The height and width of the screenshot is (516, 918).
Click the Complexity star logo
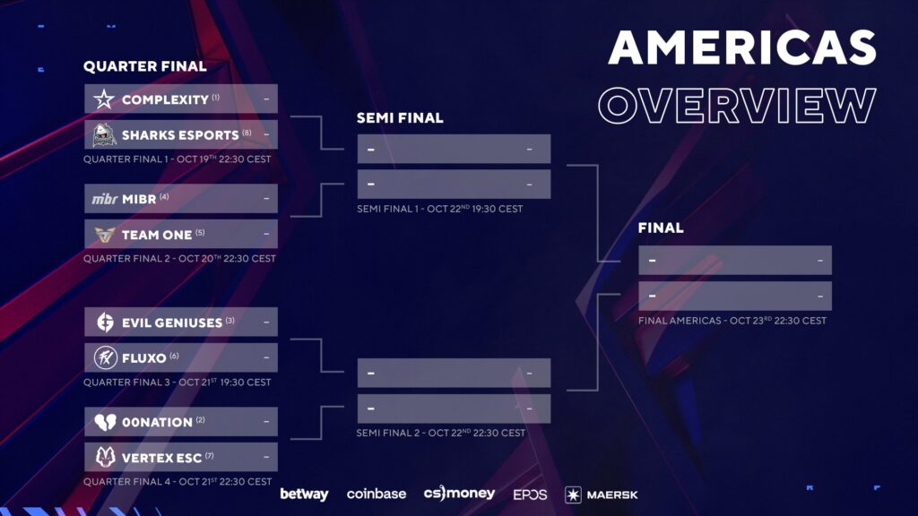click(104, 99)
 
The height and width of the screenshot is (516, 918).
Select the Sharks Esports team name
click(180, 135)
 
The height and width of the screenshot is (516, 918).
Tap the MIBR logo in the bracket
click(105, 199)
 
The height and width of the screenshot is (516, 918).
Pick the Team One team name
click(157, 235)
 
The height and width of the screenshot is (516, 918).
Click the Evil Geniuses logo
click(105, 322)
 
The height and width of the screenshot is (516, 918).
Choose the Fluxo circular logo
click(106, 357)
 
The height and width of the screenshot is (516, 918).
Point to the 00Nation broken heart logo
click(106, 422)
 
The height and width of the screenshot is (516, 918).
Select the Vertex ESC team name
click(161, 458)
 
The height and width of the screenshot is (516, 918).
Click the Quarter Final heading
click(144, 66)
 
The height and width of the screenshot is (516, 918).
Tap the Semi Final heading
click(400, 117)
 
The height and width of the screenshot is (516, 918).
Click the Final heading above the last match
click(661, 228)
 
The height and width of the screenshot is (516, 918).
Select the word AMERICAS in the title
click(742, 47)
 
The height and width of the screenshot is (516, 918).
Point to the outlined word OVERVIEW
click(737, 106)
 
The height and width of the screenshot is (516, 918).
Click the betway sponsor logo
click(304, 494)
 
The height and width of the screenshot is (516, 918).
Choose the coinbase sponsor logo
click(377, 494)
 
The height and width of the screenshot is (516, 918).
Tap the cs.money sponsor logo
click(459, 494)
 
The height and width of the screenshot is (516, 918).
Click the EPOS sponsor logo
click(530, 494)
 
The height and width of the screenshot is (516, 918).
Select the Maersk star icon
click(573, 494)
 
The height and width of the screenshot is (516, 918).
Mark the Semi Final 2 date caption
click(441, 433)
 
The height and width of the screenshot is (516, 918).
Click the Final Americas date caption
click(732, 321)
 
